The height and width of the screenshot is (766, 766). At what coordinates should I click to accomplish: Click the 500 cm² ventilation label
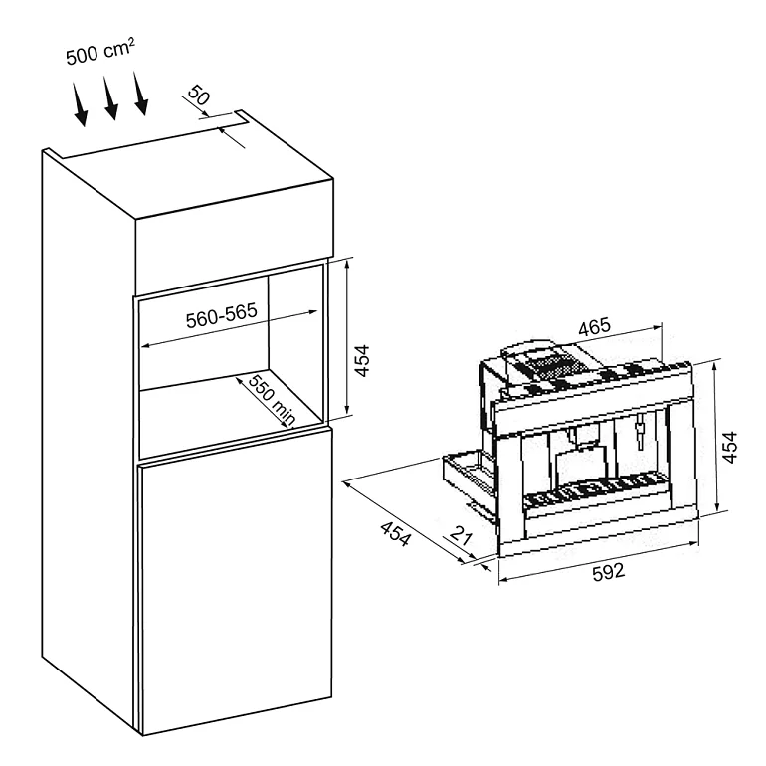point(99,52)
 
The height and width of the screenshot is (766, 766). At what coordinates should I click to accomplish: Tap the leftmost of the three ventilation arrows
point(80,104)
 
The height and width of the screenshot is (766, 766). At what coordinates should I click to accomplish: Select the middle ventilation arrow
point(110,97)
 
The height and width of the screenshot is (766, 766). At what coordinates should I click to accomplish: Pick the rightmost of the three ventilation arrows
point(140,94)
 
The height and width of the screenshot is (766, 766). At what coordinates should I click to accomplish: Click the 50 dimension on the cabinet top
point(199,96)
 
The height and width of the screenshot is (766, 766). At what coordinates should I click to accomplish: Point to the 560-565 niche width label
point(221,315)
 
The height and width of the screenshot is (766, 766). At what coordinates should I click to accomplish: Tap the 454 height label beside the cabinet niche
point(362,361)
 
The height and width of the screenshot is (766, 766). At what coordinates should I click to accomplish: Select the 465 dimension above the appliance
point(594,327)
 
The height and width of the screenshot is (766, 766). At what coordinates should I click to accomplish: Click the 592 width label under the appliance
point(608,572)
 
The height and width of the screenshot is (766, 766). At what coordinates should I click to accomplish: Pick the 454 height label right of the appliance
point(729,447)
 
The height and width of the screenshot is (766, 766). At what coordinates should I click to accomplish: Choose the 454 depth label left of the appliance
point(396,533)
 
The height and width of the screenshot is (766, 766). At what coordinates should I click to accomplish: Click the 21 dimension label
point(461,535)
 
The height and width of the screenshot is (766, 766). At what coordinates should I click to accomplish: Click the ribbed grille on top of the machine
point(549,367)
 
